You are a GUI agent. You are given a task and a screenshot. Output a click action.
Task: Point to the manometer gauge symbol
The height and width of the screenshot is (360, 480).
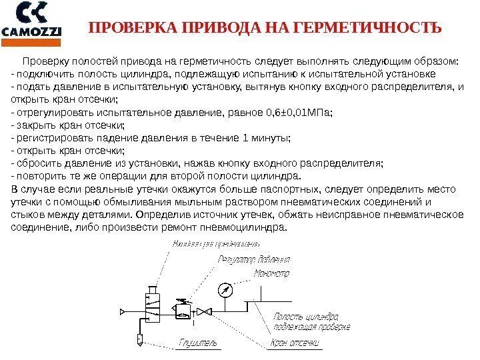(224, 291)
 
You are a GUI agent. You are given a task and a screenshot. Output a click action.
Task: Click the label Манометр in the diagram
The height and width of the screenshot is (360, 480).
(272, 273)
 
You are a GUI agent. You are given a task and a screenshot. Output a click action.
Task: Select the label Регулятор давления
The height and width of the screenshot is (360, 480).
(254, 259)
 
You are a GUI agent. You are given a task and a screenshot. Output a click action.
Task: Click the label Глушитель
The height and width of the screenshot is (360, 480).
(198, 343)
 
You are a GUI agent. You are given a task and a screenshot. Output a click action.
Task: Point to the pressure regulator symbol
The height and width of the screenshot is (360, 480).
(181, 309)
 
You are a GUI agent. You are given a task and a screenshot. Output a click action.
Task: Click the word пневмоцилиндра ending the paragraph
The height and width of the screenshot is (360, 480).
(251, 227)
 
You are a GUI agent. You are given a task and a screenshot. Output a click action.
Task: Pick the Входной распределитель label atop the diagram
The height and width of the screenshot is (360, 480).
(206, 245)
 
